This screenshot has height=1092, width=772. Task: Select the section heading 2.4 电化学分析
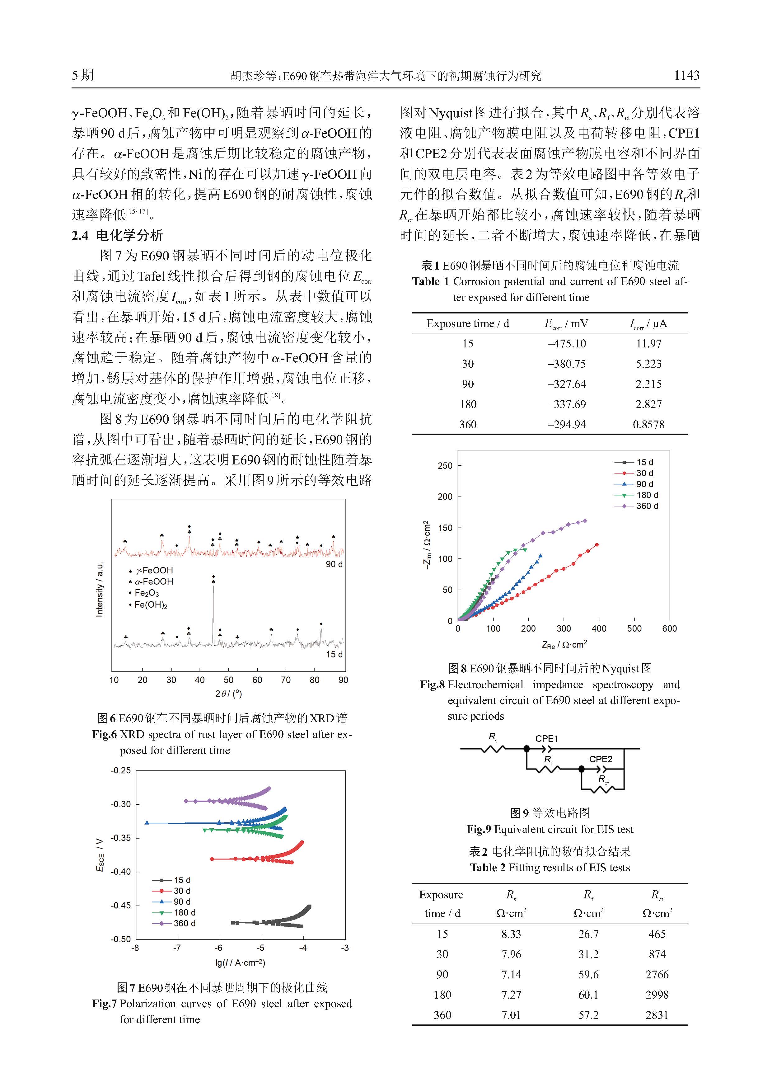pos(117,235)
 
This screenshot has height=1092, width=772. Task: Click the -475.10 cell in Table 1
pos(567,343)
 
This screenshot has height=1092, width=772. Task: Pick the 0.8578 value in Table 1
pos(648,424)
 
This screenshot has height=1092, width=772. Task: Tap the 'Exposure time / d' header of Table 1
pos(467,323)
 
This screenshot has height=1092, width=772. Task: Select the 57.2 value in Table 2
pos(588,1014)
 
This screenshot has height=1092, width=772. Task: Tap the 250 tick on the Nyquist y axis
pos(445,466)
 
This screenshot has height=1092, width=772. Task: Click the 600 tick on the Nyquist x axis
pos(669,629)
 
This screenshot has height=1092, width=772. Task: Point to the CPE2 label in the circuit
pos(600,759)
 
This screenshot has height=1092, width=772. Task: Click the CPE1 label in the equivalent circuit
pos(547,739)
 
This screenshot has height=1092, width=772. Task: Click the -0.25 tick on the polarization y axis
pos(121,770)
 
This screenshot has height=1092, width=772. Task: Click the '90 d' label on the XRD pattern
pos(334,564)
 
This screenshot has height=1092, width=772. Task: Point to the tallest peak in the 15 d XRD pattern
pos(213,587)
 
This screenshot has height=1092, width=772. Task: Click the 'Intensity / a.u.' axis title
pos(99,590)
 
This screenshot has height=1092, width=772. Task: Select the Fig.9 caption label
pos(478,829)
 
